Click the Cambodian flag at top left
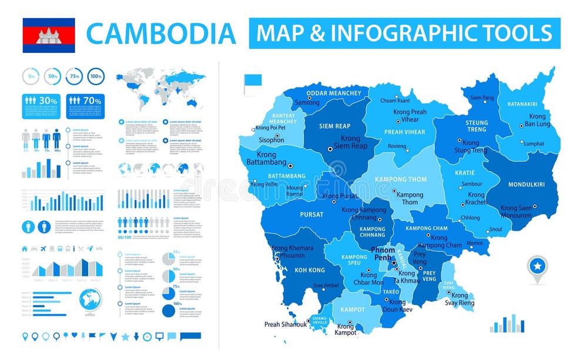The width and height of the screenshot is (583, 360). [x=49, y=35]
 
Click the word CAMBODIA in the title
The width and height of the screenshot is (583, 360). [x=161, y=33]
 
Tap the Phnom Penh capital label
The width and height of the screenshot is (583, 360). [x=383, y=254]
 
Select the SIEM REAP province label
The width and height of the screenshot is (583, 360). [x=334, y=126]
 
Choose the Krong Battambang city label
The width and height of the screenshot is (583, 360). [x=266, y=159]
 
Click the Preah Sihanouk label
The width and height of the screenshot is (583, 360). [x=286, y=324]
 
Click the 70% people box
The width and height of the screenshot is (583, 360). [x=85, y=101]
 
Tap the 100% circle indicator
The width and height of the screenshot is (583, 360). [x=96, y=76]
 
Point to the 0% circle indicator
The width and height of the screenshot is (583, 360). [x=31, y=76]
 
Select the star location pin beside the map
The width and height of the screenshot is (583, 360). [x=537, y=268]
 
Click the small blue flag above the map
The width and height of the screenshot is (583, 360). [x=254, y=81]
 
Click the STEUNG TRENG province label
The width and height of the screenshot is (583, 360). [x=476, y=126]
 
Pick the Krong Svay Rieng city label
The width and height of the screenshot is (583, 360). [x=459, y=299]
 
